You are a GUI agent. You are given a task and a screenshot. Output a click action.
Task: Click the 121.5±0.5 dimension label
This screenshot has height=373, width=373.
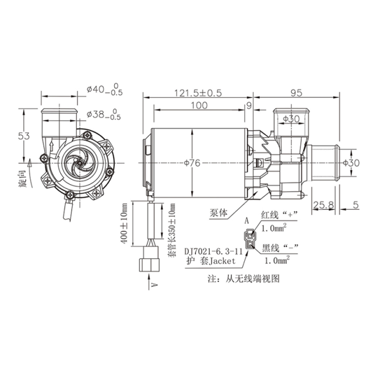point(198,93)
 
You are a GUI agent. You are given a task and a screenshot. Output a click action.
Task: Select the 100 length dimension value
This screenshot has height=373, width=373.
point(199,105)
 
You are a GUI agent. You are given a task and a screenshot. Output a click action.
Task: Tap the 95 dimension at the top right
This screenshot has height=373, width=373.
point(297,93)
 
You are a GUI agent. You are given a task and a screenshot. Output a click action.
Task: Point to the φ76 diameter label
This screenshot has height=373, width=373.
point(192,163)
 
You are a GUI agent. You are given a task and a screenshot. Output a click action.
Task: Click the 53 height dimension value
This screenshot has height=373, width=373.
point(24,136)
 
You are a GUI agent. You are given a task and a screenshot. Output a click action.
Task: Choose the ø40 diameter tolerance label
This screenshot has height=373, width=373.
point(105,89)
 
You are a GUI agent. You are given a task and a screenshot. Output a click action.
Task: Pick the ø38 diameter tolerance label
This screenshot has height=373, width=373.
point(104,114)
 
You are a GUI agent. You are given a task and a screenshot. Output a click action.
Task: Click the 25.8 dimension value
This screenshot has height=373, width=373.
point(323,205)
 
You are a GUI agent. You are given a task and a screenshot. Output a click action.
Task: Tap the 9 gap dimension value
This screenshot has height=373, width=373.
point(249,105)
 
